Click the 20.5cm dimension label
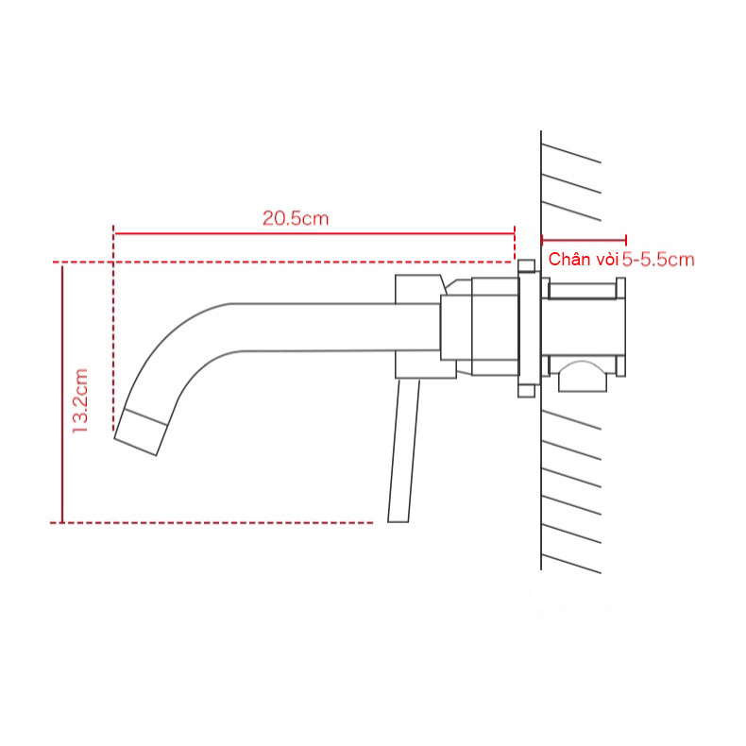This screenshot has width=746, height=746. (295, 217)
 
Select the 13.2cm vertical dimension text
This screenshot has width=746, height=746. (80, 400)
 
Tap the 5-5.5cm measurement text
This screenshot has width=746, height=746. (658, 260)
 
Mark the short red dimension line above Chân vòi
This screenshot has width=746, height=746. (584, 241)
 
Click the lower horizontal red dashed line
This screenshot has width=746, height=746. (217, 521)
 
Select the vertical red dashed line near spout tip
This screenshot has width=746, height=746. (113, 331)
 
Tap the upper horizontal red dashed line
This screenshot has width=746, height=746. (283, 262)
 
